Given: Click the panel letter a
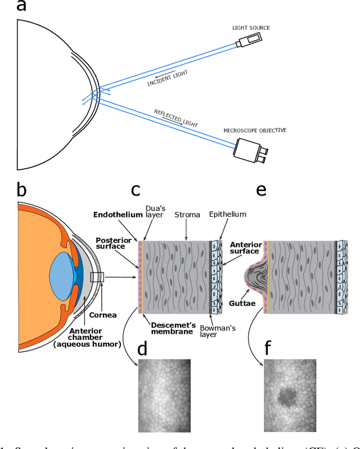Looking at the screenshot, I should pos(21,7).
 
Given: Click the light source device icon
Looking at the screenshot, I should pos(248,40).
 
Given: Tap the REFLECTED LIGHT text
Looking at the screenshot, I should pos(179,118).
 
